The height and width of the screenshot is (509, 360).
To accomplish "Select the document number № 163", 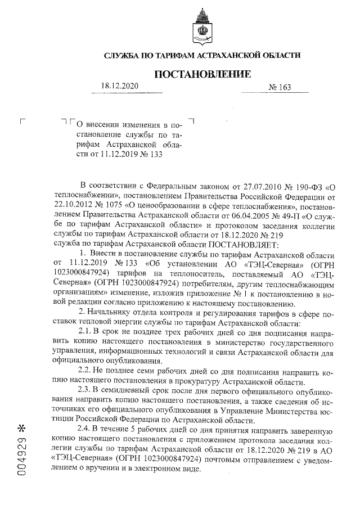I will [281, 88].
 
